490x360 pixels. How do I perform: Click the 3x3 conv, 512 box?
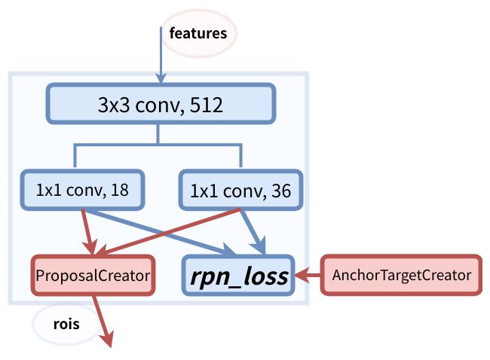[161, 104]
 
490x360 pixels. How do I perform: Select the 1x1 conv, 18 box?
[82, 190]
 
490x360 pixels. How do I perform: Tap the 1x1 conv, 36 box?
[240, 190]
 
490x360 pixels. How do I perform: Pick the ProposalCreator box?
[93, 275]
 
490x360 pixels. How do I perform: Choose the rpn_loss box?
[238, 275]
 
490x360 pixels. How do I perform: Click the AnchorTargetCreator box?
[401, 275]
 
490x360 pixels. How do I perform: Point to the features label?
[198, 33]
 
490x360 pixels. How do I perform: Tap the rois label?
[66, 324]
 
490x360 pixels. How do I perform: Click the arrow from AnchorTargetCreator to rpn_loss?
[308, 275]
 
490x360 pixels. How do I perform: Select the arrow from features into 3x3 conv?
[161, 55]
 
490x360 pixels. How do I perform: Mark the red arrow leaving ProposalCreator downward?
[102, 321]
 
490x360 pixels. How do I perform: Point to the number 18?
[119, 190]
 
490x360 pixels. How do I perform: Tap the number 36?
[281, 191]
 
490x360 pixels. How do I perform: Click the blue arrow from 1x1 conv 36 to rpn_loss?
[253, 232]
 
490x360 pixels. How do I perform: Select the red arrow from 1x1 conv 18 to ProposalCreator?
[88, 232]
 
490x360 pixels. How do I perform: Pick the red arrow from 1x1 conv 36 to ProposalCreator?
[167, 232]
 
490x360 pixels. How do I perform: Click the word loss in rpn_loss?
[265, 276]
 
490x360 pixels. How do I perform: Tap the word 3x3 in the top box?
[114, 105]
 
